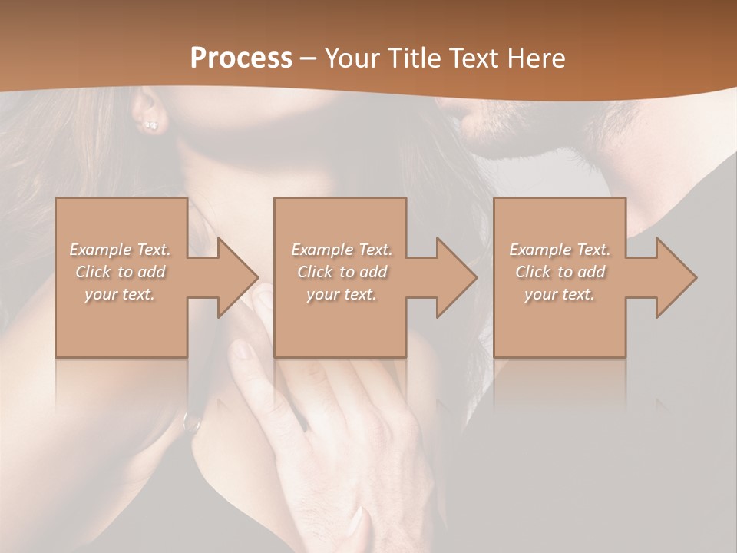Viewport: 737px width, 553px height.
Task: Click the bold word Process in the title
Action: pyautogui.click(x=241, y=58)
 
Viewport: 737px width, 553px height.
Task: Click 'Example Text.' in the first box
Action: pyautogui.click(x=121, y=250)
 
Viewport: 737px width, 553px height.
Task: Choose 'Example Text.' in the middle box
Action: pyautogui.click(x=341, y=250)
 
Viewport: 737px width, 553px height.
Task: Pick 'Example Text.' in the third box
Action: pyautogui.click(x=560, y=250)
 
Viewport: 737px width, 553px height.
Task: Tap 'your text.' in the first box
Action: pyautogui.click(x=121, y=294)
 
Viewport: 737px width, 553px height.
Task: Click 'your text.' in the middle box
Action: pyautogui.click(x=341, y=294)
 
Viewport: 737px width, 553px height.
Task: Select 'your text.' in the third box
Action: pyautogui.click(x=560, y=294)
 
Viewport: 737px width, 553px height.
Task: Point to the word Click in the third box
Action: pyautogui.click(x=533, y=272)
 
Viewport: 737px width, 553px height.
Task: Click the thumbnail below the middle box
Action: pyautogui.click(x=244, y=350)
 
